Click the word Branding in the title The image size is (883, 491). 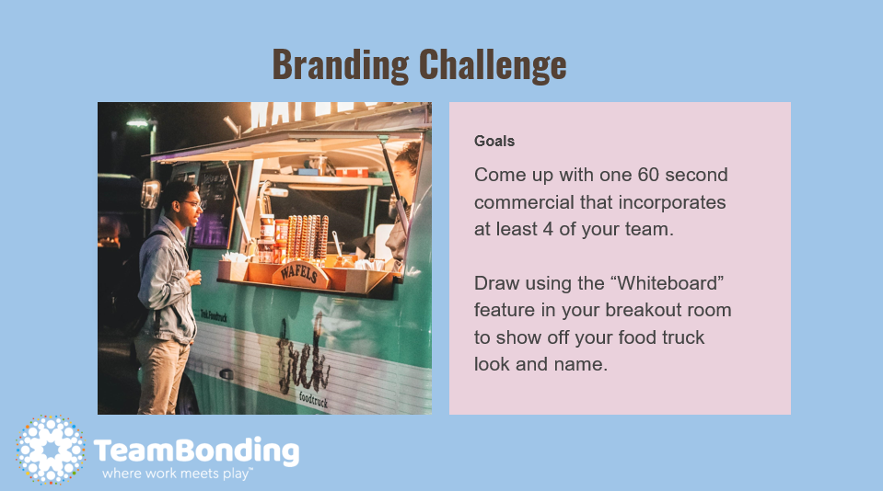340,64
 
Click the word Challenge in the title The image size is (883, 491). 493,64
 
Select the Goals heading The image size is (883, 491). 494,142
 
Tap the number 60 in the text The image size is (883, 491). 648,175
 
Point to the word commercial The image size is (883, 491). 524,202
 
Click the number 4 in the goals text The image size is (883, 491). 548,229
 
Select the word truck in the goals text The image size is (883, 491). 682,337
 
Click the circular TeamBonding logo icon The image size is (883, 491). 51,450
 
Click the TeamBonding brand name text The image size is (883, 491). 196,451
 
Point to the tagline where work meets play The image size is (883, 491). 178,474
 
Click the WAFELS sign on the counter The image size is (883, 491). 300,273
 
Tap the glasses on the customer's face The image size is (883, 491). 191,203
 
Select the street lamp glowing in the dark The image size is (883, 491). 138,123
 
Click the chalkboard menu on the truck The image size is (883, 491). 215,206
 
